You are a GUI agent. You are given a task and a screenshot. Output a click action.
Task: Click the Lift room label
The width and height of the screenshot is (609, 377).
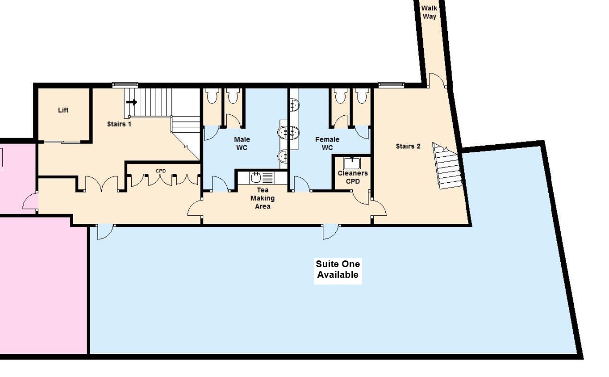point(63,110)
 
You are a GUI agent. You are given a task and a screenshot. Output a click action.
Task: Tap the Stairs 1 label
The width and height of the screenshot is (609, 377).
point(119,124)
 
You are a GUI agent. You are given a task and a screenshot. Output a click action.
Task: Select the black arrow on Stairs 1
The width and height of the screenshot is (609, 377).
point(132,102)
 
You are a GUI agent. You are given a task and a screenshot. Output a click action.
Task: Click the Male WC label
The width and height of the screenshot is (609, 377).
point(242,143)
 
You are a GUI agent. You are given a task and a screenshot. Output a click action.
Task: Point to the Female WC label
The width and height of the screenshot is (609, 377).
point(327,143)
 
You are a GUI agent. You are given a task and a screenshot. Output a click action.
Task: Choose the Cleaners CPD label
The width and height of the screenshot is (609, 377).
point(353,177)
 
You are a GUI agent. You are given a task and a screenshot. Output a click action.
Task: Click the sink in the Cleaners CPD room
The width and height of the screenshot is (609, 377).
point(352,163)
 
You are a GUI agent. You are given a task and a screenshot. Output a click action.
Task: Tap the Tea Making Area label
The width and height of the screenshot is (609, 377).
point(263,198)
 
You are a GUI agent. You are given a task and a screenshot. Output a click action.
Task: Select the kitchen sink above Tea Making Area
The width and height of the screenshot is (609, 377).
point(256,178)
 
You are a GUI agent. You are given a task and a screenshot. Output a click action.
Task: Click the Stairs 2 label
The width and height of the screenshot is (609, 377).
point(408,147)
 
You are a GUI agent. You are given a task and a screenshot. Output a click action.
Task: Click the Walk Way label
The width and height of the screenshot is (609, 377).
point(429,12)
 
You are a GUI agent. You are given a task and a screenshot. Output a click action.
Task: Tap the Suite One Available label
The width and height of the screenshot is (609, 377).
point(338,269)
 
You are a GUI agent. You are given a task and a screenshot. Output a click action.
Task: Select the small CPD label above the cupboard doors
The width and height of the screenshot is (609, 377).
point(161,171)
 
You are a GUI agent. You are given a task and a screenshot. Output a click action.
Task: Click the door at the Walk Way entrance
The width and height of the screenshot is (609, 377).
point(437,80)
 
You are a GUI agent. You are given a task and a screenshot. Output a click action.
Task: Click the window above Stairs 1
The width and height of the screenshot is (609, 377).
point(125,85)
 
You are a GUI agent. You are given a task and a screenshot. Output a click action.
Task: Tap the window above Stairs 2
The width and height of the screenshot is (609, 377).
point(391,85)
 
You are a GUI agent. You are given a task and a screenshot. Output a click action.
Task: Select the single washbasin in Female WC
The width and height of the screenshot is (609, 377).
point(294,105)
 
